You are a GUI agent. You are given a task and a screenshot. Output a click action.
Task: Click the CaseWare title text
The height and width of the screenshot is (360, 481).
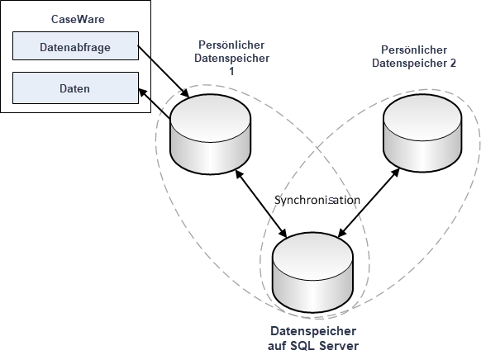pos(78,19)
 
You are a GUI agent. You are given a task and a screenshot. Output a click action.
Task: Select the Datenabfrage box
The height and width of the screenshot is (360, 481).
pos(75,45)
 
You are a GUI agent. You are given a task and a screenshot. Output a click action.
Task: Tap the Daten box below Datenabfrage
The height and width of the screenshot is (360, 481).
pos(75,88)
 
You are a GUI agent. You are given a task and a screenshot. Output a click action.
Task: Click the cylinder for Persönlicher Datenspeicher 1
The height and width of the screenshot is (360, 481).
pos(211,135)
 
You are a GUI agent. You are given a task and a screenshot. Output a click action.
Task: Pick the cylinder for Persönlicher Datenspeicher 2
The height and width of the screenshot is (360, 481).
pos(422,133)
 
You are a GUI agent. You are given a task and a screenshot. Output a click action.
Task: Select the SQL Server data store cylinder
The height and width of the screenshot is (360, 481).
pos(313,272)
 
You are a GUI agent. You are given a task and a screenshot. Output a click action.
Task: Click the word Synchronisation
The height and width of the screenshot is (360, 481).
pos(317,200)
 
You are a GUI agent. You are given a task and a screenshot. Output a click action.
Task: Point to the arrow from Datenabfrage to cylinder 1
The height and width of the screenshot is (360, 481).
pos(164,72)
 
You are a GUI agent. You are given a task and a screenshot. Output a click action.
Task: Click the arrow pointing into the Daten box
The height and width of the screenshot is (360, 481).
pos(155,103)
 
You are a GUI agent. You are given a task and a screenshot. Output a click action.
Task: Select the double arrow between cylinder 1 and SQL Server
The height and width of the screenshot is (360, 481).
pos(261,203)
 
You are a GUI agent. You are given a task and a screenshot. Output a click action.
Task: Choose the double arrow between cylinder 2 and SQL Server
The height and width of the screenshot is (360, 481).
pos(369,202)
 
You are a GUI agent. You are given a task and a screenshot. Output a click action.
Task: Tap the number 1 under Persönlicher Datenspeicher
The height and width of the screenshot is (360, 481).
pos(231,71)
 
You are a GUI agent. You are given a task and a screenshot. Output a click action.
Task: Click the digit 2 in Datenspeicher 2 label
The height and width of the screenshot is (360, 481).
pos(453,63)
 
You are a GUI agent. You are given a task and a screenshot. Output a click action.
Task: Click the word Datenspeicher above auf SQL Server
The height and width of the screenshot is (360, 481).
pos(313,331)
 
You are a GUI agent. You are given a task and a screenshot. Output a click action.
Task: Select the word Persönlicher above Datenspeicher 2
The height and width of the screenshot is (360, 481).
pos(414,50)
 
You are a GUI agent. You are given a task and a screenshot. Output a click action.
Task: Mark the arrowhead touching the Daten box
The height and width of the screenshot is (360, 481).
pos(143,92)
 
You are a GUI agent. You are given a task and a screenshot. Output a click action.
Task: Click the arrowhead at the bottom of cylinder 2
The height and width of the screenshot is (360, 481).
pos(395,173)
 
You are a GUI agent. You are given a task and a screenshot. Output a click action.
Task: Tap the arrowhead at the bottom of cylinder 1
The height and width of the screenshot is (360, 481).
pos(239,174)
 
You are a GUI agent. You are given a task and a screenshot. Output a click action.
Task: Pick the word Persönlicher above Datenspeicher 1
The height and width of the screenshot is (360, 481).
pos(231,45)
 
